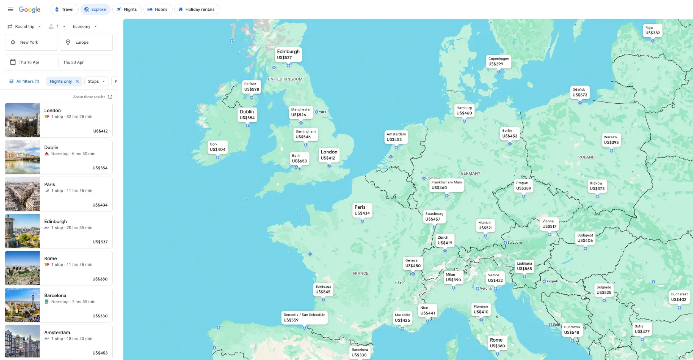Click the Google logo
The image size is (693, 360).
click(29, 9)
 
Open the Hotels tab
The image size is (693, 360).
click(158, 9)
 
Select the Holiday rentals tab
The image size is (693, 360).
click(197, 9)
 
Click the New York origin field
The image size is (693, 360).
click(31, 42)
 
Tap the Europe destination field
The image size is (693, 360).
click(86, 42)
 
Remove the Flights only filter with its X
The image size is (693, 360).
click(77, 81)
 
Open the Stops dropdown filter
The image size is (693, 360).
click(96, 81)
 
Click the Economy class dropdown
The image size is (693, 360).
click(85, 26)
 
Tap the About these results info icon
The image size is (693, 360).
click(110, 97)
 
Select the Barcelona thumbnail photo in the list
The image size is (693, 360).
click(22, 305)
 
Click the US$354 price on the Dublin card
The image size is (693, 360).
click(100, 168)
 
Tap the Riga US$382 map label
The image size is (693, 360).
click(653, 30)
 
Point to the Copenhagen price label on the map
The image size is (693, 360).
click(498, 61)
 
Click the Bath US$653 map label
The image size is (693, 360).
click(299, 159)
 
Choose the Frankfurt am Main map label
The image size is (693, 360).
click(446, 185)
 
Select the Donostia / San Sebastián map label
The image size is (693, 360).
click(304, 317)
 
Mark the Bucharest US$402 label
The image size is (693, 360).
click(679, 297)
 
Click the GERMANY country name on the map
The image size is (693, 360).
click(470, 173)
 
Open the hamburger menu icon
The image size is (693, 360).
click(10, 9)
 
